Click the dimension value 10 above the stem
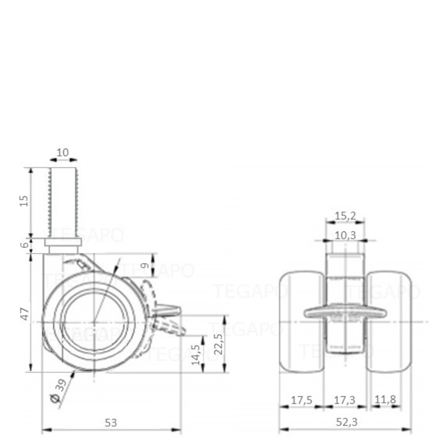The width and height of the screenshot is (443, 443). [63, 153]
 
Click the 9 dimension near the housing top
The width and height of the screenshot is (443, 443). [145, 265]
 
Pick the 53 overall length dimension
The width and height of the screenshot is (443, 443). [111, 422]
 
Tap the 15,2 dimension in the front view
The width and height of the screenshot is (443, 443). [345, 215]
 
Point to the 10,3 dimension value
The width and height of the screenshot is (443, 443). [345, 235]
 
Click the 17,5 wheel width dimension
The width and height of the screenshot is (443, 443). [301, 400]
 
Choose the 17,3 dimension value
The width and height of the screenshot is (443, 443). [345, 400]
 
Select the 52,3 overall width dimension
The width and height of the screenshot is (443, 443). [345, 422]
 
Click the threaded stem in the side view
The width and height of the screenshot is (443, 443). [63, 202]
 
